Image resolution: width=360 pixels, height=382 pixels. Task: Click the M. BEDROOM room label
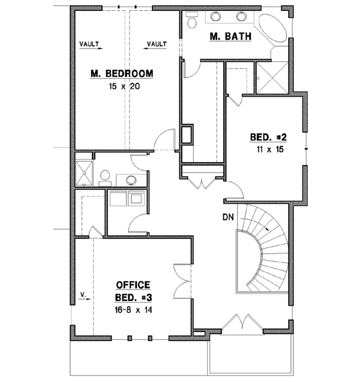click(122, 74)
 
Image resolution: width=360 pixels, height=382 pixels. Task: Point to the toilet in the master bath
click(193, 22)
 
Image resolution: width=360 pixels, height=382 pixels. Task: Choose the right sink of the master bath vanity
click(242, 16)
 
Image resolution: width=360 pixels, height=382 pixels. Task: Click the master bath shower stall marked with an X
click(270, 77)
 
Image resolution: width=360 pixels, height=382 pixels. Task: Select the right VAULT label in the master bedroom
click(157, 44)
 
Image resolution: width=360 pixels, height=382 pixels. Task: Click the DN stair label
click(229, 216)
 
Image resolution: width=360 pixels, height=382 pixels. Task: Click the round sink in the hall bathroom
click(131, 179)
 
